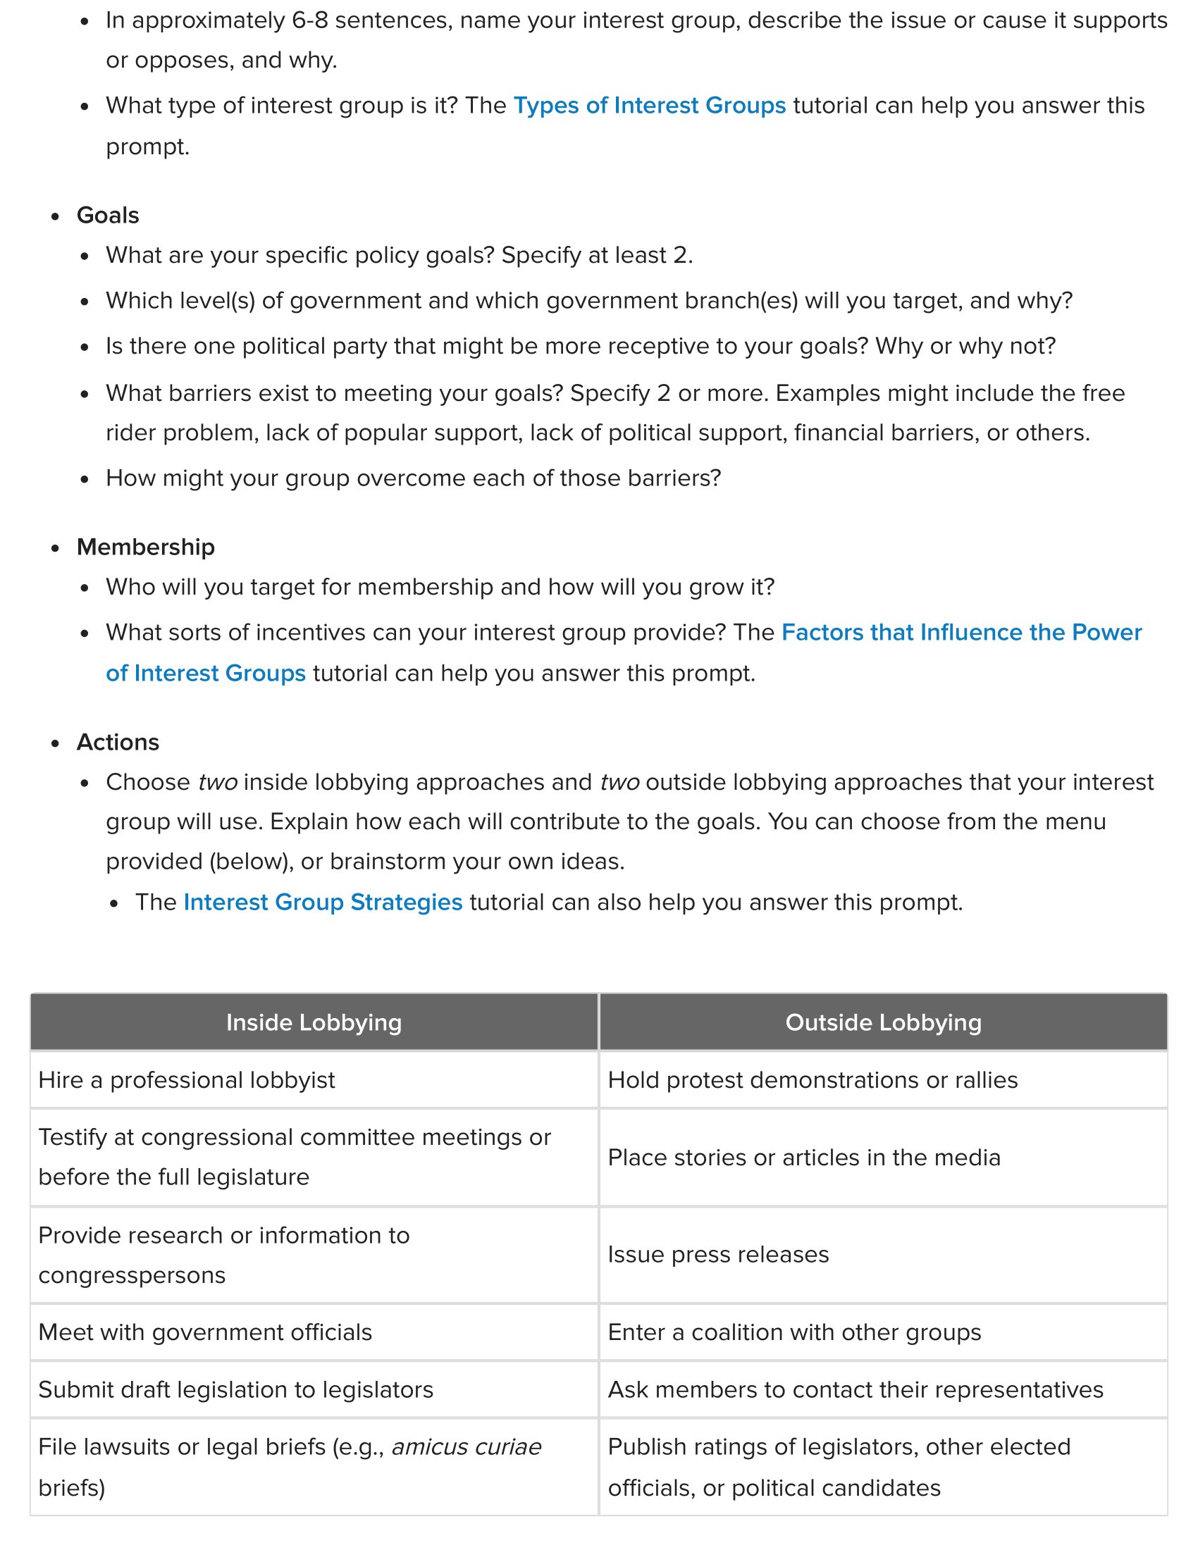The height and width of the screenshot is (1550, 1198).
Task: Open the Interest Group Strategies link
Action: click(x=323, y=902)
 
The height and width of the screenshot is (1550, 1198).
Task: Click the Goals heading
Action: click(x=108, y=215)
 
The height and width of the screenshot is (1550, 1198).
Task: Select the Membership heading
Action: click(x=145, y=547)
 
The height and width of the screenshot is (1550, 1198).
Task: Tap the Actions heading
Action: click(x=118, y=743)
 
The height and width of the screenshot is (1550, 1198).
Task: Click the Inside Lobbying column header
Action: click(x=314, y=1022)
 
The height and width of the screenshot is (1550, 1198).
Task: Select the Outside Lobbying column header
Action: click(x=883, y=1022)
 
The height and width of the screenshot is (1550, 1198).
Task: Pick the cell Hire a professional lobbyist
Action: click(x=187, y=1080)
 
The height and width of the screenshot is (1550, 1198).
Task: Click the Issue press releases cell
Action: click(x=718, y=1255)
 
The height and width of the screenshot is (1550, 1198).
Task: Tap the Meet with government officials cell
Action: click(x=205, y=1332)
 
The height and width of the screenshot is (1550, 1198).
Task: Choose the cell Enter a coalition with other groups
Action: click(x=794, y=1332)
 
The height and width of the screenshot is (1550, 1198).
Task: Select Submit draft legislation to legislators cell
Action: click(x=235, y=1389)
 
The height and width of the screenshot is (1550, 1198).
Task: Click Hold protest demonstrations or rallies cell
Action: click(x=813, y=1080)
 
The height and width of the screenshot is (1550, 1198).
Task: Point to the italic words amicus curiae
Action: click(x=467, y=1446)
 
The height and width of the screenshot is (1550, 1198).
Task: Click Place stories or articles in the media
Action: click(x=804, y=1158)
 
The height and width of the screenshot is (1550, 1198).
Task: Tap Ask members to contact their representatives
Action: click(x=856, y=1389)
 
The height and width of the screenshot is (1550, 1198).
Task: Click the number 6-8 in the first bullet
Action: click(x=309, y=20)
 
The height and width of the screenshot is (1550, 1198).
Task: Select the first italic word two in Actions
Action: click(x=217, y=782)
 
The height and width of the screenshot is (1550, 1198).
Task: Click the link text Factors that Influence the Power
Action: click(x=961, y=633)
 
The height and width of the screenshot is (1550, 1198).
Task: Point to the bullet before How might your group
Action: click(x=85, y=480)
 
